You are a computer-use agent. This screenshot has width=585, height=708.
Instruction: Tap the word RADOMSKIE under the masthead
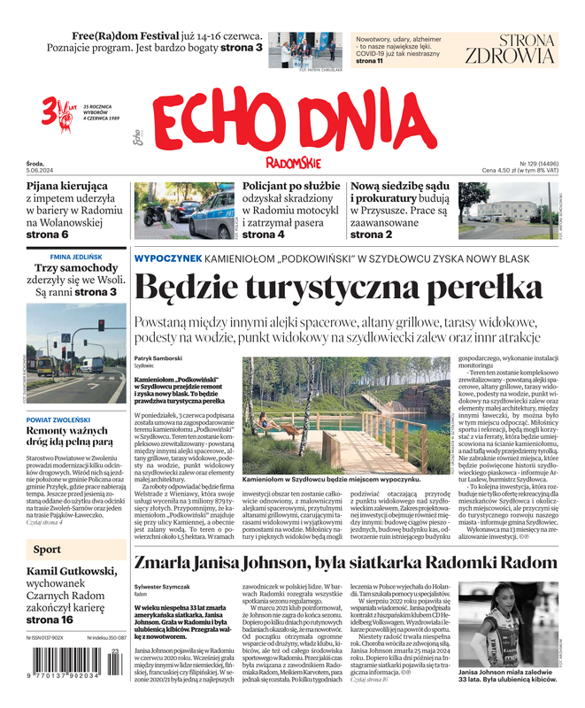click(293, 162)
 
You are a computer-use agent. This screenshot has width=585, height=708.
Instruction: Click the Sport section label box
click(48, 550)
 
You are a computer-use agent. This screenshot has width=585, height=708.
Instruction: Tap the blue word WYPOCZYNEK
click(166, 258)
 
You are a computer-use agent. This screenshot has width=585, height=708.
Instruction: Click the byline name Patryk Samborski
click(158, 358)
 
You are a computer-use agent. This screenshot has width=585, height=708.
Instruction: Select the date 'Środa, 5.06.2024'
click(45, 167)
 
